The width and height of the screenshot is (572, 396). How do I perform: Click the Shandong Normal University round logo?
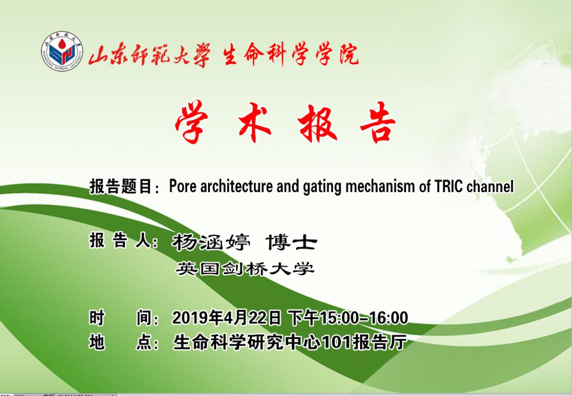[62, 51]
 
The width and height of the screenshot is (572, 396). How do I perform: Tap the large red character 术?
[254, 122]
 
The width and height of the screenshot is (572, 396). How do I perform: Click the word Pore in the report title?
[183, 186]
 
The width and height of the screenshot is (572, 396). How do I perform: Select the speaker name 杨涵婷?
[211, 242]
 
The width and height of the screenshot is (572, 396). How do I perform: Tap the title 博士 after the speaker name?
[291, 242]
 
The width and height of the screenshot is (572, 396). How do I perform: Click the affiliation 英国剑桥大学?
[245, 269]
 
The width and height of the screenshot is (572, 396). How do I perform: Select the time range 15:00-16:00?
[364, 318]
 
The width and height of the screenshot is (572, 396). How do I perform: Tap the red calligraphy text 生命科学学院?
[291, 55]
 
